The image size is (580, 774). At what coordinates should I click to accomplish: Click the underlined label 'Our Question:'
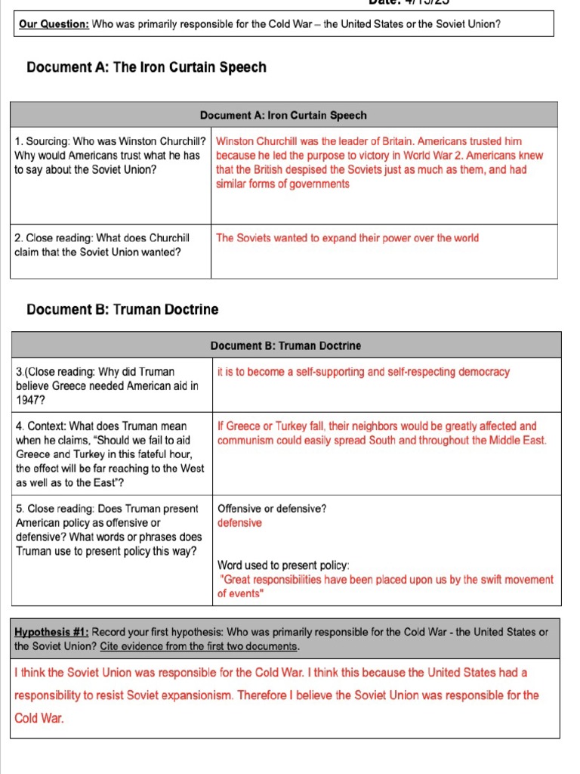[x=54, y=24]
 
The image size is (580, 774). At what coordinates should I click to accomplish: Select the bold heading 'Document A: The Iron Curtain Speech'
[x=147, y=67]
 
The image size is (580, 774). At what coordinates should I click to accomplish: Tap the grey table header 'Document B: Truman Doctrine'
[x=285, y=345]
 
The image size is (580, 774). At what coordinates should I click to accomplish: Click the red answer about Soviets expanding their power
[x=347, y=237]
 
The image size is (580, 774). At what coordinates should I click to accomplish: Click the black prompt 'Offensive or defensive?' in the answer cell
[x=272, y=509]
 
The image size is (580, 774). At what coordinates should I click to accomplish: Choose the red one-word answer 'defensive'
[x=239, y=523]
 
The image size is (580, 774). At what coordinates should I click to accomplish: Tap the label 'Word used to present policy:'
[x=283, y=565]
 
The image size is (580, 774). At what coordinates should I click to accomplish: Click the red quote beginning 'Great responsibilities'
[x=385, y=580]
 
